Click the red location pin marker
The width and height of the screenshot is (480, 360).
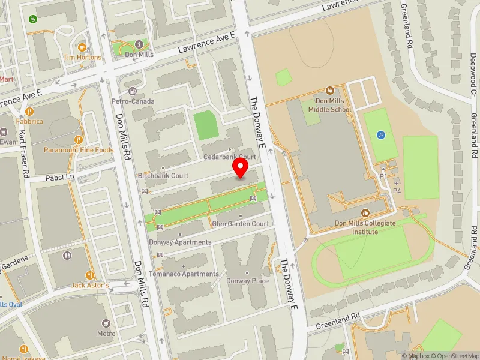(x=241, y=167)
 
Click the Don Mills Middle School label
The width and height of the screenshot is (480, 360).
(x=329, y=106)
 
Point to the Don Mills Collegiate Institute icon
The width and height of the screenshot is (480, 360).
(x=365, y=212)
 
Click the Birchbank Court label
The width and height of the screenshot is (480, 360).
(x=163, y=176)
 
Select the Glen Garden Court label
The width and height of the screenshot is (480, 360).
(x=240, y=224)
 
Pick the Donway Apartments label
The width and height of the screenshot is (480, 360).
(x=180, y=242)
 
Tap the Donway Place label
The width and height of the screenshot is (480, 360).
(x=247, y=281)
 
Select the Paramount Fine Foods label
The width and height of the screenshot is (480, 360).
(x=78, y=150)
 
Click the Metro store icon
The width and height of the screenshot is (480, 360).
(x=106, y=323)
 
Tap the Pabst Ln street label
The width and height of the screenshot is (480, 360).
(x=60, y=178)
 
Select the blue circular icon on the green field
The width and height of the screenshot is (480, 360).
(x=381, y=135)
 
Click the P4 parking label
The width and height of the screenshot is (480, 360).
(x=397, y=191)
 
